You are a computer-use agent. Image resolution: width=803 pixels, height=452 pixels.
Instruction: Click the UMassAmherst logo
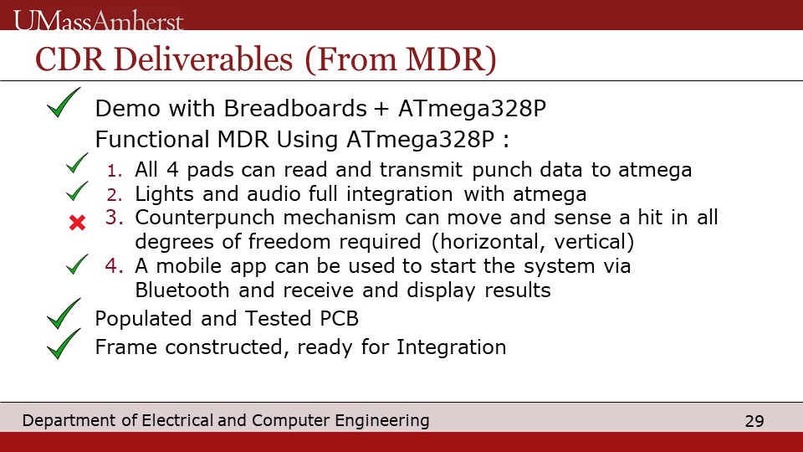[x=99, y=21]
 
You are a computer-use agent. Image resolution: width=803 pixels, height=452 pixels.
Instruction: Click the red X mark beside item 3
[x=77, y=223]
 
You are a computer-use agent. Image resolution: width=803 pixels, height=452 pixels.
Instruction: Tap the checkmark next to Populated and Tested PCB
[x=64, y=314]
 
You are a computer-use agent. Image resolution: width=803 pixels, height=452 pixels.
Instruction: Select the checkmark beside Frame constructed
[x=64, y=344]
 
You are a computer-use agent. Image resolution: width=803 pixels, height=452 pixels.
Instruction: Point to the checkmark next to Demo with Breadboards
[x=64, y=102]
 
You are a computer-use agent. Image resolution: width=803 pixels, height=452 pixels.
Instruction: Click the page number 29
[x=754, y=421]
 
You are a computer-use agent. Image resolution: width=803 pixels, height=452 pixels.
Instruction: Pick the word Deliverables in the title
[x=202, y=59]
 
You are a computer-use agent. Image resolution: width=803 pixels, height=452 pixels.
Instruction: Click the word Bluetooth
[x=182, y=290]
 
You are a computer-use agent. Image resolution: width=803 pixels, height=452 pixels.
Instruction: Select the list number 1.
[x=115, y=171]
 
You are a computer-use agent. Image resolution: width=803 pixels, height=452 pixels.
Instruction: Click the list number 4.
[x=115, y=266]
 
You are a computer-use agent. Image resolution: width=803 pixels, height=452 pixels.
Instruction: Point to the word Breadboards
[x=295, y=109]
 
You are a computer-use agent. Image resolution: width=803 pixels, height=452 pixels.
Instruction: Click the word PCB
[x=339, y=319]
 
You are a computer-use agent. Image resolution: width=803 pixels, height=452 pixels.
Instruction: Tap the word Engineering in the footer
[x=382, y=421]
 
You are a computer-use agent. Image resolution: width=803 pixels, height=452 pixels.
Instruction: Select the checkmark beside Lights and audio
[x=77, y=191]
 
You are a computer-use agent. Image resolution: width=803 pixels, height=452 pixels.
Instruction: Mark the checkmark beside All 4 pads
[x=77, y=163]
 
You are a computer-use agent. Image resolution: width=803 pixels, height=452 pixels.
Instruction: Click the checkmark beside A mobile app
[x=77, y=265]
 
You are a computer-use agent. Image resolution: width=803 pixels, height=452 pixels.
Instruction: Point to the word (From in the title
[x=350, y=59]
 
